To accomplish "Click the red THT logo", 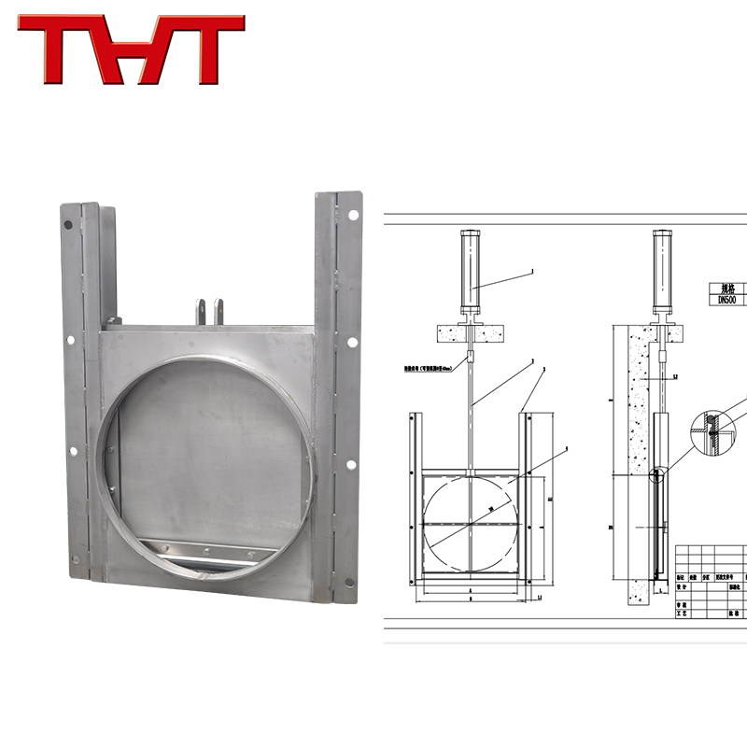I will click(131, 49).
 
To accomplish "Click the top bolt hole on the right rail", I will click(353, 215).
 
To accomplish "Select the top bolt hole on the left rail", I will click(67, 225).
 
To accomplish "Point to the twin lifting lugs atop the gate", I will click(210, 311).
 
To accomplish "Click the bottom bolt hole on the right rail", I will click(350, 582).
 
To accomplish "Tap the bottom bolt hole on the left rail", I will click(76, 558).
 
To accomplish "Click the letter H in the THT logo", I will click(132, 49).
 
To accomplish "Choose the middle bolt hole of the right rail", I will click(352, 342).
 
